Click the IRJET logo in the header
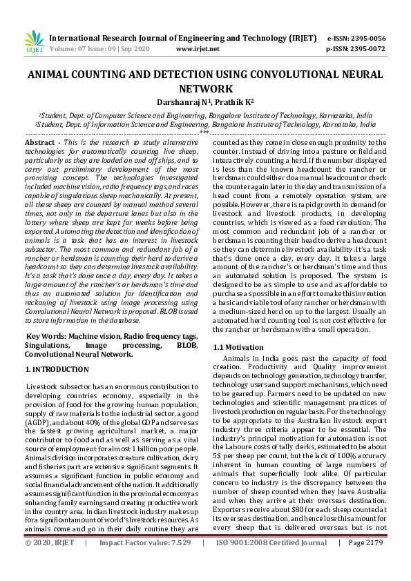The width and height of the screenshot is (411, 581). pos(33,43)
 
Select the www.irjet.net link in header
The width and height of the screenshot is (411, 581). pos(198,49)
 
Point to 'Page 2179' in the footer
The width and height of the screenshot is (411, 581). pos(366,562)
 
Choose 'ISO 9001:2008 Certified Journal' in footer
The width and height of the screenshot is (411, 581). pos(271,562)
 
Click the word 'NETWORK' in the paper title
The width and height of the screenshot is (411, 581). pos(205,88)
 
